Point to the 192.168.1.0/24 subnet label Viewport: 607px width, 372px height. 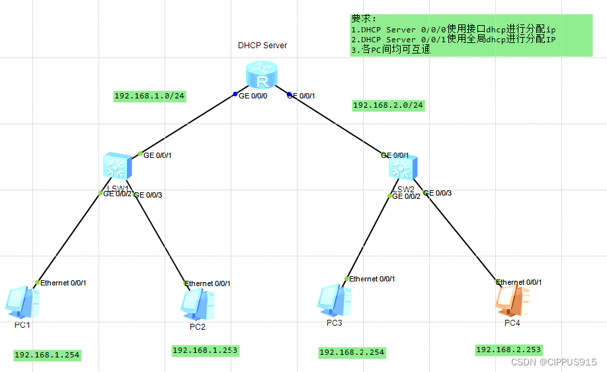point(149,96)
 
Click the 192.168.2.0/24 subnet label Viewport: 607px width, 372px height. point(388,105)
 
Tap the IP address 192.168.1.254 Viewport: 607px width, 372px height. point(47,355)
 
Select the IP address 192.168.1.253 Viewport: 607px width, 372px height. point(205,350)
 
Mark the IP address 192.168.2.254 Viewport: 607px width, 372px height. point(352,352)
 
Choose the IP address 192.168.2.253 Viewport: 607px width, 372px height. point(508,350)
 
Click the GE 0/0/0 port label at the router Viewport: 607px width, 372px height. point(253,96)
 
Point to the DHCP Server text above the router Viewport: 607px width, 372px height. point(263,46)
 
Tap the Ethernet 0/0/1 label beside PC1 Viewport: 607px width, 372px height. point(63,283)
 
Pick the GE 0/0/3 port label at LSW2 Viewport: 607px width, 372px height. point(438,193)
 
